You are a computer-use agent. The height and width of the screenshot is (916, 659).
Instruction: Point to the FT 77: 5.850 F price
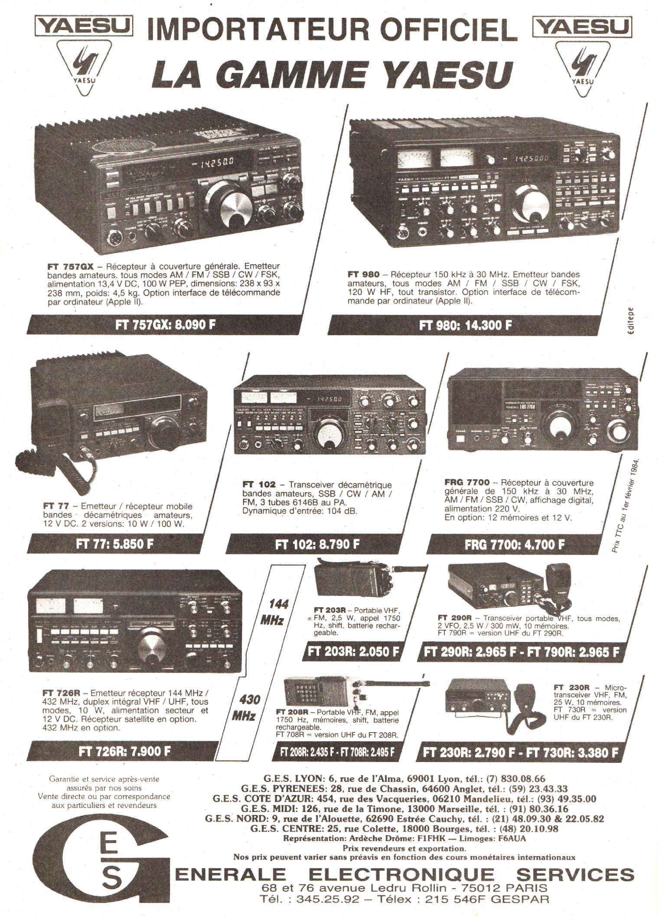tap(114, 544)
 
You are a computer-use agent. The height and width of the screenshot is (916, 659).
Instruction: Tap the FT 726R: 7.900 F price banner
tap(124, 751)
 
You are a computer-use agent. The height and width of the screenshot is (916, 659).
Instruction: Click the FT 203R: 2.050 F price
tap(353, 652)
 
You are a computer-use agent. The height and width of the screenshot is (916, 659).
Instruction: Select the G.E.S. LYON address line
tap(404, 779)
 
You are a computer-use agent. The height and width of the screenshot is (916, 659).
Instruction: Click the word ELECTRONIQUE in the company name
tap(401, 874)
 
